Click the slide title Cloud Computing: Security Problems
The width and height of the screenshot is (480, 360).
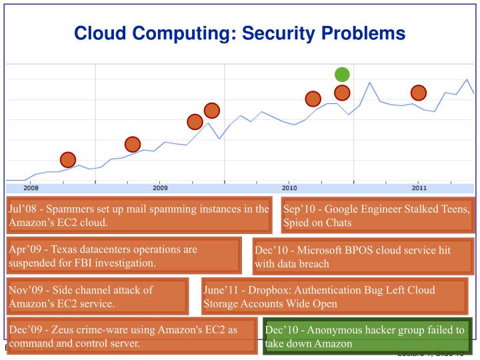[x=239, y=32]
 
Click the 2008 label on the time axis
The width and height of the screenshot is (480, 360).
[x=31, y=188]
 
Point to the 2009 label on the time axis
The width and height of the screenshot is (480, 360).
[x=160, y=188]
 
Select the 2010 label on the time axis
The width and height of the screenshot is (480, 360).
[x=289, y=188]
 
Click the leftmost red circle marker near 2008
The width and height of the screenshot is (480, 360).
[x=68, y=159]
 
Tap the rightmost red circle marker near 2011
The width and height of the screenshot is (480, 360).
[x=418, y=93]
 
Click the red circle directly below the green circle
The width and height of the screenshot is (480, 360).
[x=342, y=93]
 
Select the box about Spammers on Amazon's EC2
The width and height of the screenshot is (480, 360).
[x=139, y=215]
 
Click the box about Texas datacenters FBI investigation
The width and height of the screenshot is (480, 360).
[x=124, y=256]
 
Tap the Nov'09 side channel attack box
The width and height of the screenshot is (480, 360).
[x=97, y=297]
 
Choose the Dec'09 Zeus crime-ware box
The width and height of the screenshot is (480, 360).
[x=132, y=337]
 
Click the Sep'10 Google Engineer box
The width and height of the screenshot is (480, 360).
[x=377, y=215]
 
